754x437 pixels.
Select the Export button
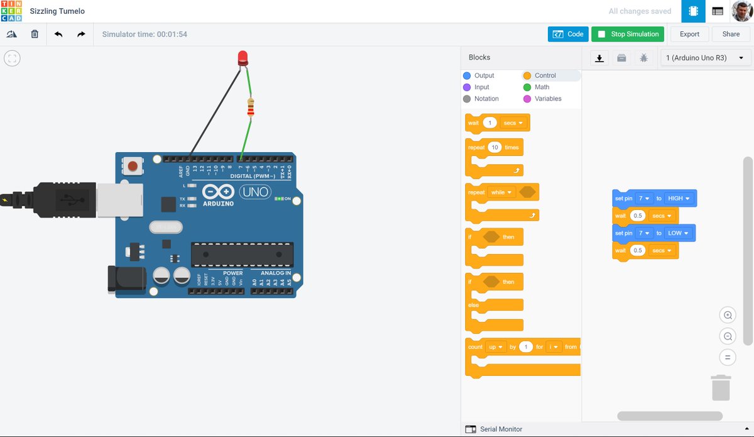[x=689, y=34]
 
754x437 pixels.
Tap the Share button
[x=731, y=34]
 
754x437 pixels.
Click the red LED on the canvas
[x=243, y=59]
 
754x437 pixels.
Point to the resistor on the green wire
[x=251, y=108]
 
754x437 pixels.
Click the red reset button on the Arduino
[x=133, y=167]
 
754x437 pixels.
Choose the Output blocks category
[x=484, y=75]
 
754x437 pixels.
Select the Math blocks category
[x=542, y=87]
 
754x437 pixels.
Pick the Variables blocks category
[x=548, y=99]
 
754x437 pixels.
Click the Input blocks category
[x=481, y=87]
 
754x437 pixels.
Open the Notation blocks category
[x=486, y=99]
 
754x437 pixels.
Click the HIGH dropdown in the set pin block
[x=679, y=199]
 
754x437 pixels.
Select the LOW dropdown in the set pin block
[x=678, y=233]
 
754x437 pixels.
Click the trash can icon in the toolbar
[x=35, y=34]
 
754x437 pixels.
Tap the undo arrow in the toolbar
[x=58, y=34]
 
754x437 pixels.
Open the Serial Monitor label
[x=501, y=429]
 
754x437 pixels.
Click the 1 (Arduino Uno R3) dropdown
[x=704, y=58]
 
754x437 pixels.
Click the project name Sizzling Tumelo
[x=57, y=11]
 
